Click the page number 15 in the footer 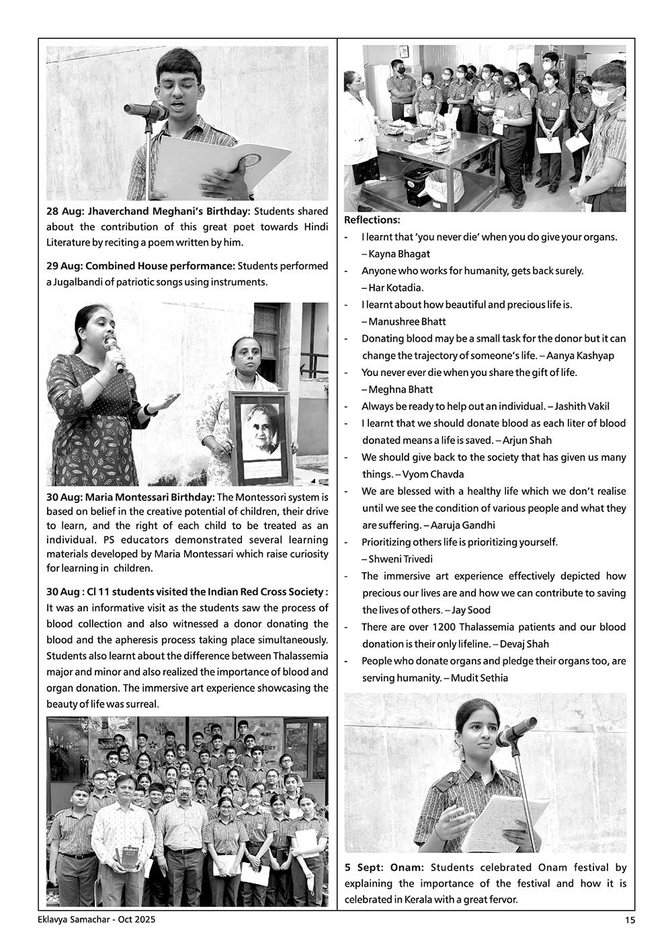pyautogui.click(x=629, y=920)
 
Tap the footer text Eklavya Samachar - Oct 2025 pyautogui.click(x=97, y=920)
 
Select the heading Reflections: pyautogui.click(x=372, y=220)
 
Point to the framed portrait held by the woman pyautogui.click(x=259, y=437)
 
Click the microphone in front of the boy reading pyautogui.click(x=145, y=111)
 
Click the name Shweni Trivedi pyautogui.click(x=401, y=559)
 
